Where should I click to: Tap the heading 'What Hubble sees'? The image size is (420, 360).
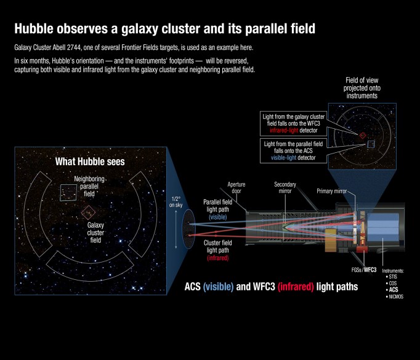(x=90, y=162)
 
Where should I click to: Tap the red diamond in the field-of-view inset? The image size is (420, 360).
(x=363, y=135)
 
